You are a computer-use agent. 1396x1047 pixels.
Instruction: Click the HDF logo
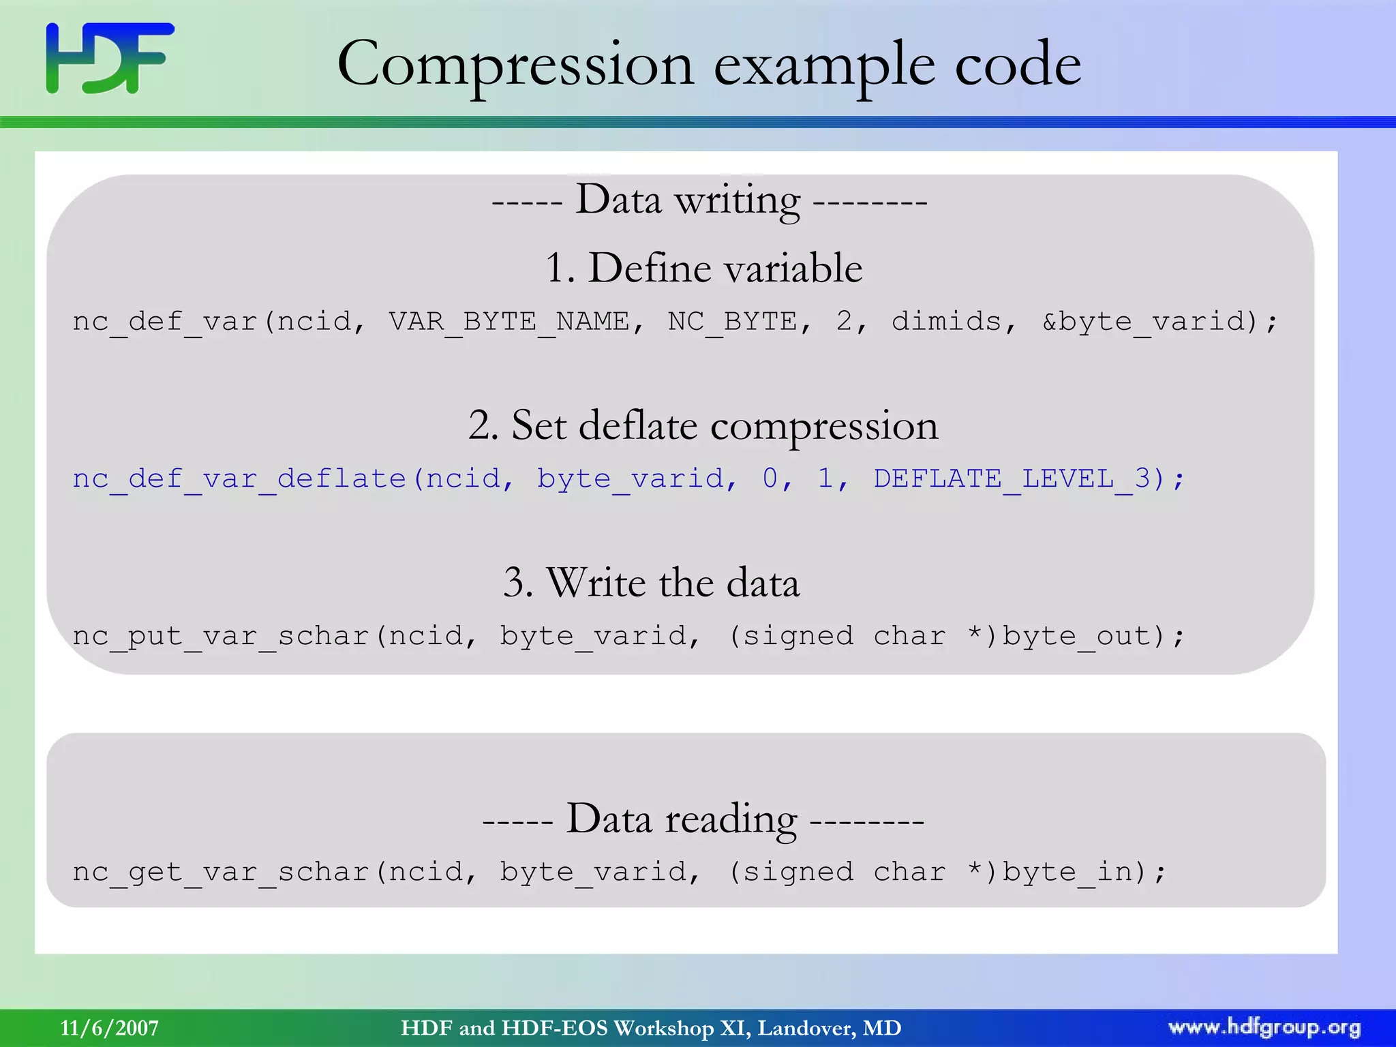click(109, 58)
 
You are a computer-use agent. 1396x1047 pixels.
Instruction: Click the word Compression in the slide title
click(515, 64)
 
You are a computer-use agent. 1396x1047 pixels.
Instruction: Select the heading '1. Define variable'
click(703, 267)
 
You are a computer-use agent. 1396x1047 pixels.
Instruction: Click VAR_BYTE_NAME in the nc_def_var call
click(509, 321)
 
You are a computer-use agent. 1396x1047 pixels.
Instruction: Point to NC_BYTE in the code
click(731, 321)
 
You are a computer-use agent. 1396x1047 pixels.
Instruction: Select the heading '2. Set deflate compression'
click(703, 425)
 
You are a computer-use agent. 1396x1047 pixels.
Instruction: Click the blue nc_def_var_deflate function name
click(239, 479)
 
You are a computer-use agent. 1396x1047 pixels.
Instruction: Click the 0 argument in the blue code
click(770, 479)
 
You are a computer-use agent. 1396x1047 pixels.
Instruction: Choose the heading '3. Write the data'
click(651, 583)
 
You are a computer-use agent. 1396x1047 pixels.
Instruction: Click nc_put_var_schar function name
click(221, 637)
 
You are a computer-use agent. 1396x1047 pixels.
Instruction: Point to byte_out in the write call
click(1076, 637)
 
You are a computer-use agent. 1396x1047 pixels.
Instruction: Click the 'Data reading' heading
click(703, 819)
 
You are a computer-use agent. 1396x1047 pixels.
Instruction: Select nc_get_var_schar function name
click(221, 872)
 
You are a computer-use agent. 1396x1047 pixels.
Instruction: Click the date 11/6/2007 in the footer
click(109, 1028)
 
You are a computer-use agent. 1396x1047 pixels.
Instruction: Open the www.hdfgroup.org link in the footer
click(1264, 1028)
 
